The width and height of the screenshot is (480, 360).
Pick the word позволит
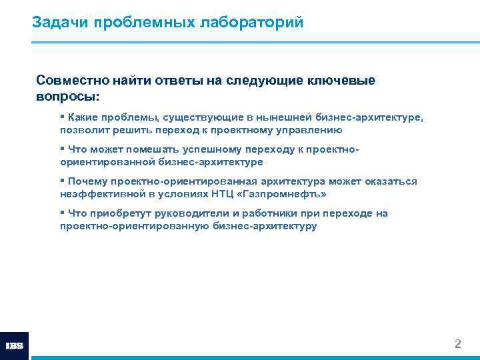tap(83, 130)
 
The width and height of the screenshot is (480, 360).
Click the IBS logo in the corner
tap(14, 346)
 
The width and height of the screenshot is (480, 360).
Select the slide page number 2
tap(457, 345)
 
